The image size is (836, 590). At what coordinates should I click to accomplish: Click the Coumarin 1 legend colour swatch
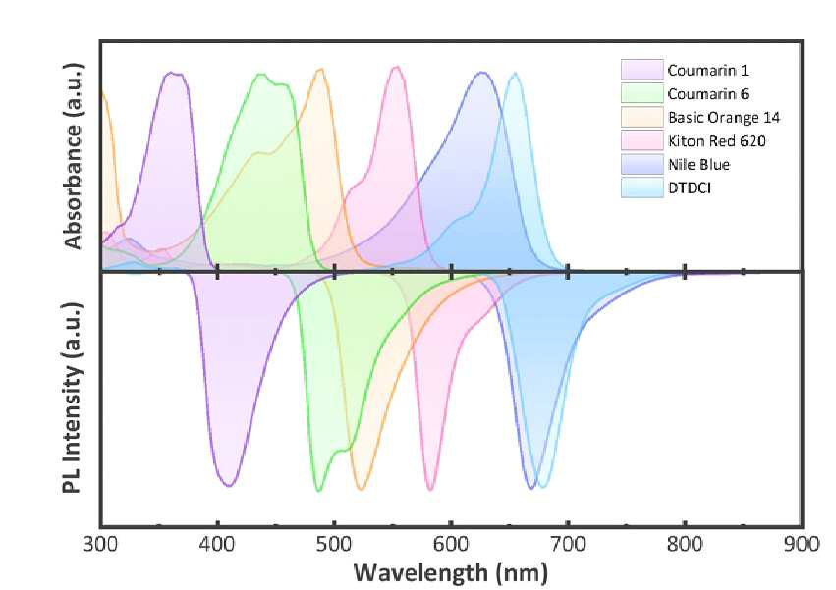[641, 70]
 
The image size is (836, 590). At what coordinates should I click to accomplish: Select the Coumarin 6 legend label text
[708, 94]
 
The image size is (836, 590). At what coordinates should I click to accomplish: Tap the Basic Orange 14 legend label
[723, 117]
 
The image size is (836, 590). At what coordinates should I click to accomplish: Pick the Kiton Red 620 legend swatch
[641, 140]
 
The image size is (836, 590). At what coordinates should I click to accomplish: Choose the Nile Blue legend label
[698, 164]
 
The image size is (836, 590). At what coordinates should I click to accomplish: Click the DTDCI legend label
[690, 188]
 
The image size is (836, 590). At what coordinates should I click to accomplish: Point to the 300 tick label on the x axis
[101, 545]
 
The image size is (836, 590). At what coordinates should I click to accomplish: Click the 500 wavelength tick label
[334, 545]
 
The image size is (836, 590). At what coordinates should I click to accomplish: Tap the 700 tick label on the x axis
[568, 545]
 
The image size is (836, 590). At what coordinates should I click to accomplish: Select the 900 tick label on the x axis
[802, 545]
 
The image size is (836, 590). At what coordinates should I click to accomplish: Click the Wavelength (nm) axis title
[451, 573]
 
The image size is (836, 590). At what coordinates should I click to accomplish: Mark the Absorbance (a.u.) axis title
[73, 156]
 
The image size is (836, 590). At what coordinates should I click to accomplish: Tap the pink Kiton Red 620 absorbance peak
[396, 67]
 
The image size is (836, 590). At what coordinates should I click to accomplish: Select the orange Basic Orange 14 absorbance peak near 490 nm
[321, 70]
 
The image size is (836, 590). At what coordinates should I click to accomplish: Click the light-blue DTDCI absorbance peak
[515, 74]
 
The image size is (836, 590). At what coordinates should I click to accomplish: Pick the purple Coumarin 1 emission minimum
[229, 485]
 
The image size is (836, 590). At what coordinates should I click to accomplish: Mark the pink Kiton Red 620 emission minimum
[431, 489]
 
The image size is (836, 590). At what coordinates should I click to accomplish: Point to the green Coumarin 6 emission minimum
[319, 490]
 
